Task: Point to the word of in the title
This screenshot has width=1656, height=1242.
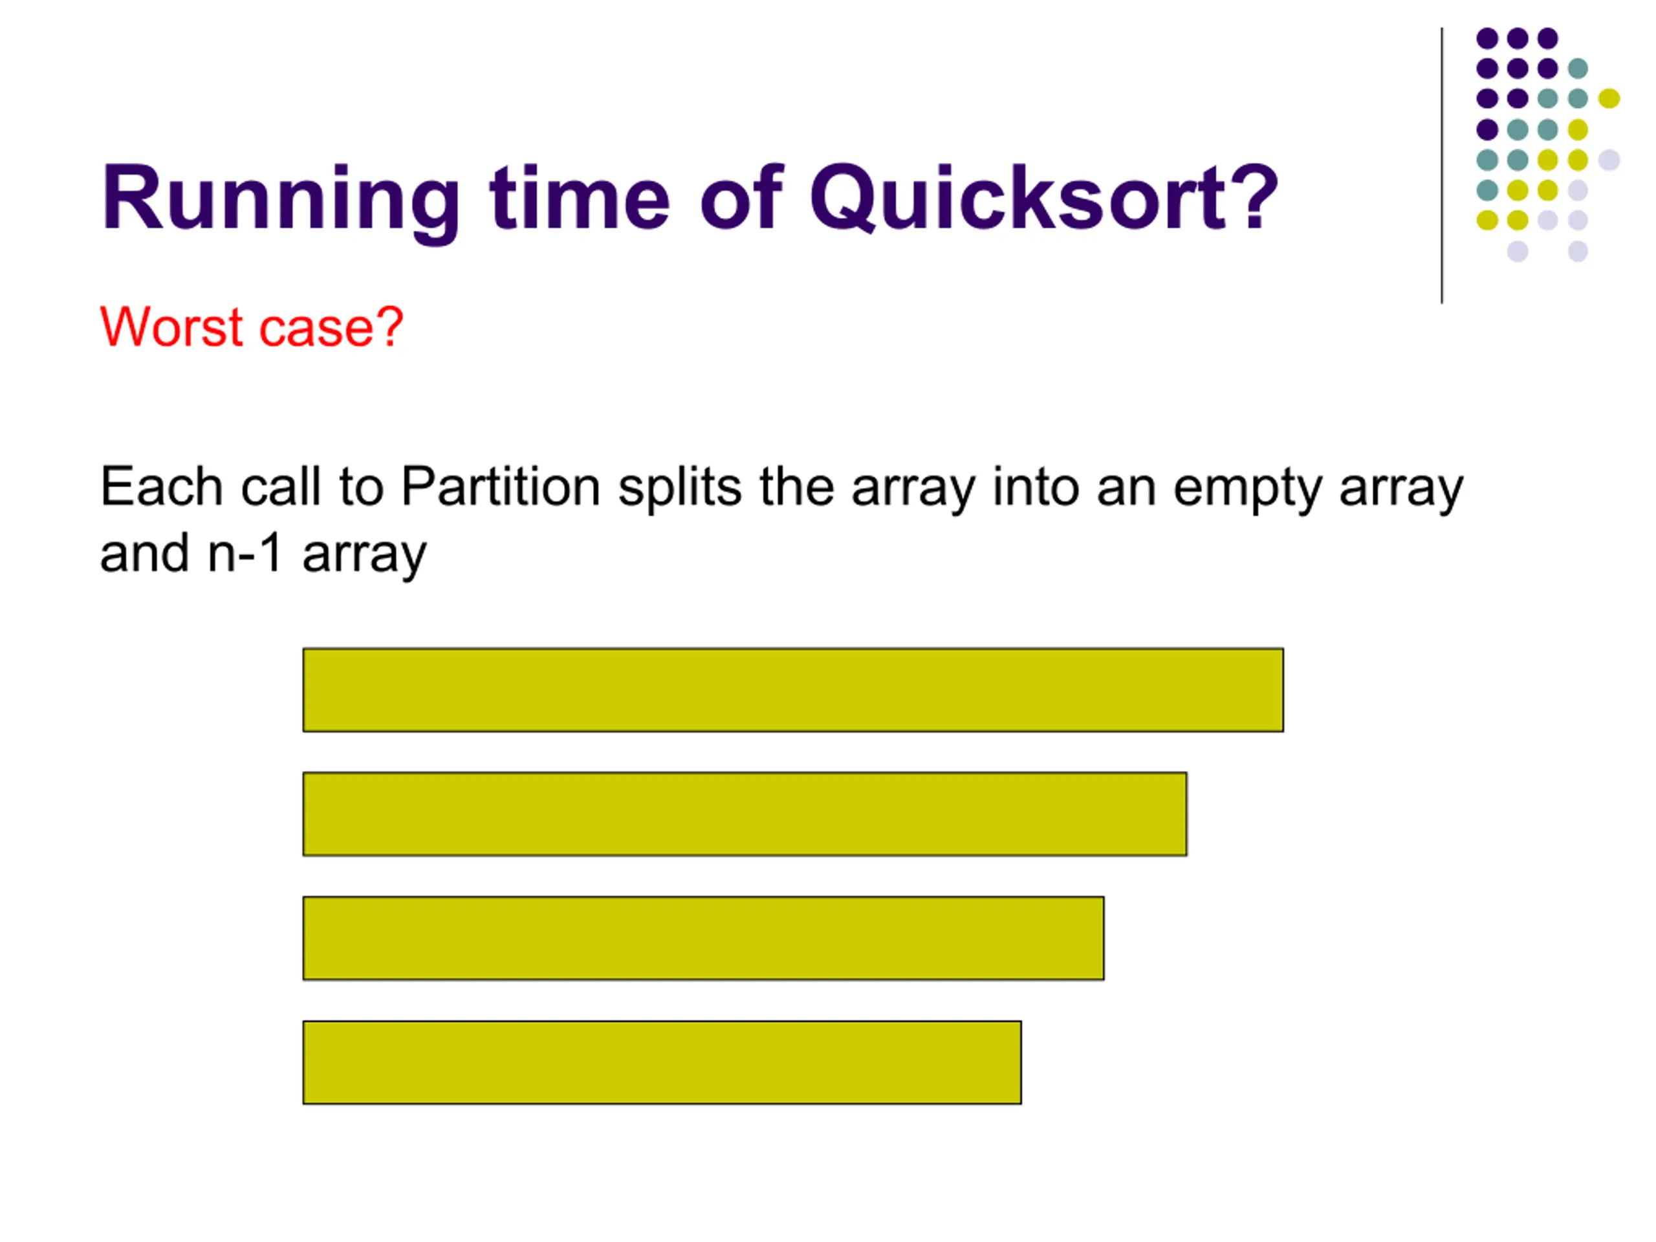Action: pyautogui.click(x=741, y=196)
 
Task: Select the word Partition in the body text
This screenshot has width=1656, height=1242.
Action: pyautogui.click(x=500, y=486)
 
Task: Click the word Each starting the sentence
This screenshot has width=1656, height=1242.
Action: pyautogui.click(x=161, y=486)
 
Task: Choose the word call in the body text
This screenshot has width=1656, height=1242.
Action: pyautogui.click(x=280, y=486)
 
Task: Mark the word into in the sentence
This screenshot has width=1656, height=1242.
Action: pyautogui.click(x=1036, y=486)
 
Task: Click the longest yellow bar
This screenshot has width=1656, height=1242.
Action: pyautogui.click(x=793, y=690)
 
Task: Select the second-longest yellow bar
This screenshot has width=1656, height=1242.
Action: pyautogui.click(x=745, y=814)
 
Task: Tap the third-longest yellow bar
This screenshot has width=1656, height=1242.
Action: pyautogui.click(x=703, y=938)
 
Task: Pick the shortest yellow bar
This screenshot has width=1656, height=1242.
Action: pyautogui.click(x=662, y=1062)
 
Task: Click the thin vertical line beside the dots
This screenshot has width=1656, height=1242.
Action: pyautogui.click(x=1442, y=166)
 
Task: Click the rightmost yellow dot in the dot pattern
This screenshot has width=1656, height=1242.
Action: pyautogui.click(x=1609, y=98)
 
